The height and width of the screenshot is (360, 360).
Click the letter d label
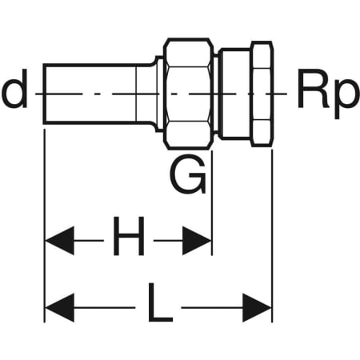[14, 89]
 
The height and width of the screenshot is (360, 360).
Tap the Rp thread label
[327, 94]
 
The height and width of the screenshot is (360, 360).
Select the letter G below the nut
[188, 174]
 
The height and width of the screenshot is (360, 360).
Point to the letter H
[129, 236]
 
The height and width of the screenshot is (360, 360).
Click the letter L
[160, 302]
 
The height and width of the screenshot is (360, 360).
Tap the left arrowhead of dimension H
[60, 241]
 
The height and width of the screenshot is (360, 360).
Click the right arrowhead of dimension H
[197, 241]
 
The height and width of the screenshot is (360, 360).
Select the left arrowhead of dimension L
[60, 307]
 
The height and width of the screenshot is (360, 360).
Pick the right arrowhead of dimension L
[257, 307]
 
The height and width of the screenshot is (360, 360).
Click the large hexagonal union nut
[189, 94]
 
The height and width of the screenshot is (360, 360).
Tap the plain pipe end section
[90, 94]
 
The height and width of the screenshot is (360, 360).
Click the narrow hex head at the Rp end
[262, 94]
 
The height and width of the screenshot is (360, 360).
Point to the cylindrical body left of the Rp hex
[234, 94]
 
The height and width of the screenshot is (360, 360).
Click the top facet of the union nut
[189, 54]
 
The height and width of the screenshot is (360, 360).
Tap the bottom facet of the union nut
[189, 134]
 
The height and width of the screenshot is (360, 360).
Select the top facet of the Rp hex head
[262, 55]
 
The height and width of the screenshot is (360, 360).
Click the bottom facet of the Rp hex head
[262, 132]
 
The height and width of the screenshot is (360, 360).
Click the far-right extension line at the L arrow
[272, 236]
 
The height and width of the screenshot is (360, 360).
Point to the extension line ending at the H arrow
[212, 203]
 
